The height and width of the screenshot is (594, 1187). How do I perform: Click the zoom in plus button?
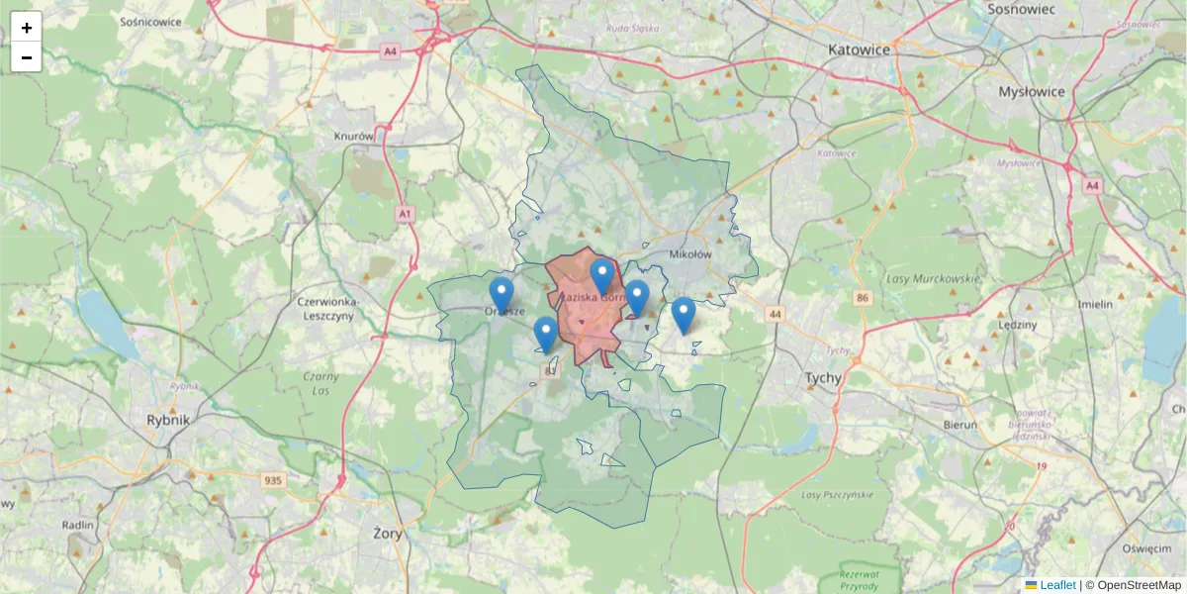(x=27, y=28)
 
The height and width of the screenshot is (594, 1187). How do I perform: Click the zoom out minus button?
(x=27, y=57)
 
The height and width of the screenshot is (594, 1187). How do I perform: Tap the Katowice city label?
(x=860, y=49)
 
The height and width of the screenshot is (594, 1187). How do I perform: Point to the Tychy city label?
(x=823, y=378)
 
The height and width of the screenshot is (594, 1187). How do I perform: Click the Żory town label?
(x=393, y=532)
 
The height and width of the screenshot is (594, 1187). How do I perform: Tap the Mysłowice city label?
(x=1032, y=91)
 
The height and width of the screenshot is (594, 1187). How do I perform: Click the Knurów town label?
(x=354, y=137)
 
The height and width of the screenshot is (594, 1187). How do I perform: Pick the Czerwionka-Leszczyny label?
(x=325, y=308)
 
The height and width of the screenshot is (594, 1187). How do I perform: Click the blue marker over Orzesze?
(x=502, y=294)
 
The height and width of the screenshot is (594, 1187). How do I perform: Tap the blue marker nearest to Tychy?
(x=683, y=314)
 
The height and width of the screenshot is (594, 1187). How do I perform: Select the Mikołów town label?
(x=690, y=254)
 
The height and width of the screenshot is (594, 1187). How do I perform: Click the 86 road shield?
(x=864, y=298)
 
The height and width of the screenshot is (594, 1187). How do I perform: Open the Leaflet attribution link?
(x=1057, y=585)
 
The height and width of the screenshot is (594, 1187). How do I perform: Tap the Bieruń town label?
(x=959, y=425)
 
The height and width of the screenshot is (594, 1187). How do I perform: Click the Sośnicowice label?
(x=149, y=20)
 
